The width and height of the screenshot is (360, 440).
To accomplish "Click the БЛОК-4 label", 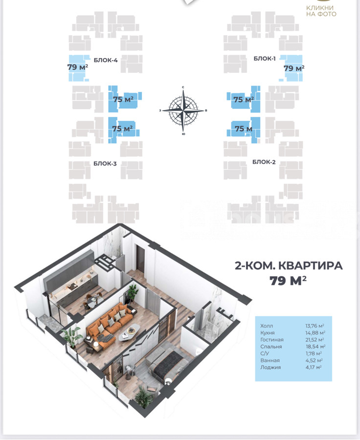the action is (106, 60).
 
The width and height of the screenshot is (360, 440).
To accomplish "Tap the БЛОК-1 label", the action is (265, 58).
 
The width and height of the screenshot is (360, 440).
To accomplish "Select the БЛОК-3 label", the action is (105, 164).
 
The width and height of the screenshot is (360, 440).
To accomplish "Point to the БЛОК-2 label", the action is (264, 162).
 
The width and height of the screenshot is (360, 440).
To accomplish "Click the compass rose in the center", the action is (183, 110).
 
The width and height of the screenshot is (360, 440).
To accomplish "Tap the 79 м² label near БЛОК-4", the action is (77, 67).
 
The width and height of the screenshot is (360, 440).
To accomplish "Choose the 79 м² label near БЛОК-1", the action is (294, 68).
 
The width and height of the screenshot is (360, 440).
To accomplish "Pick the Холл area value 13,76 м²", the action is (315, 326).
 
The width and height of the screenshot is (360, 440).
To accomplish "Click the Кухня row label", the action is (268, 333).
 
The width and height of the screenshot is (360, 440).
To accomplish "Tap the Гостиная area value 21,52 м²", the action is (315, 340).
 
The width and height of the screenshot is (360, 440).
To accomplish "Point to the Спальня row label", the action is (271, 347).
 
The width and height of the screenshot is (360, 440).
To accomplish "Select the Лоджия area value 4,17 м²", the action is (314, 367).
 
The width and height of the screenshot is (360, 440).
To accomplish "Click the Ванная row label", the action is (270, 360).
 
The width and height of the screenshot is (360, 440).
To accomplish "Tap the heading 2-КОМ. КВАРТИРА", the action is (289, 265).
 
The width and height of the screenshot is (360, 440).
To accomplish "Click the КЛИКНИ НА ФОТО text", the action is (321, 11).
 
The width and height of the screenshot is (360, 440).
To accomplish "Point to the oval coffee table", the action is (129, 332).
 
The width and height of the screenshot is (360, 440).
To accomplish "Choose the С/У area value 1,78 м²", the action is (314, 353).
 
